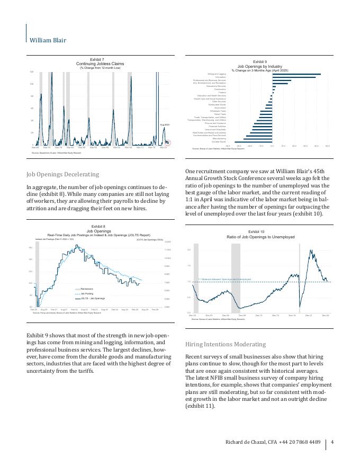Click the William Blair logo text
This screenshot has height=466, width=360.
pyautogui.click(x=48, y=40)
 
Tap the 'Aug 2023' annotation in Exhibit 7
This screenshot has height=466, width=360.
pyautogui.click(x=164, y=124)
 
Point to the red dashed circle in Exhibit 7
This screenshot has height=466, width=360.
pyautogui.click(x=167, y=142)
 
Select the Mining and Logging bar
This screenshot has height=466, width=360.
pyautogui.click(x=296, y=74)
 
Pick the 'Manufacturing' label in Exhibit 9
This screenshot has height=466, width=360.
pyautogui.click(x=219, y=139)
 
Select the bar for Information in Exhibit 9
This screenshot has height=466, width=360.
pyautogui.click(x=294, y=77)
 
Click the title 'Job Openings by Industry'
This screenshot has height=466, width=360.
pyautogui.click(x=259, y=66)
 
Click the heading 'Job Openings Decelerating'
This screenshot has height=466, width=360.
pyautogui.click(x=62, y=174)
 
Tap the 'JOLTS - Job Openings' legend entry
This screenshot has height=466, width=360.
pyautogui.click(x=92, y=298)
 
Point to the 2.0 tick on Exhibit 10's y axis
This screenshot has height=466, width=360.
pyautogui.click(x=189, y=250)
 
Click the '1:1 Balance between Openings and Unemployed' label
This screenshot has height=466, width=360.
pyautogui.click(x=224, y=279)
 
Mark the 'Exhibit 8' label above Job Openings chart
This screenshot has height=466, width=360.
pyautogui.click(x=99, y=227)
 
